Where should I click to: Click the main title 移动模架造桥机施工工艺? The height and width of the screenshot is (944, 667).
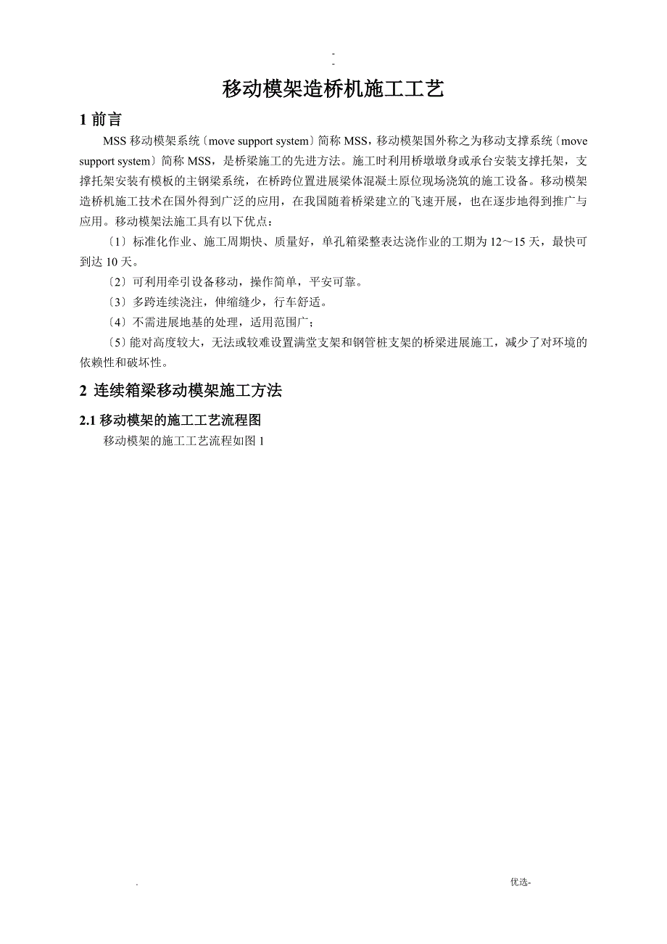(x=333, y=89)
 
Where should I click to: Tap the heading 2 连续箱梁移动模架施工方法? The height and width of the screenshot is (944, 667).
(x=181, y=391)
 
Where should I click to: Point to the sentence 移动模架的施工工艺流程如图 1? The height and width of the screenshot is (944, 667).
(x=183, y=440)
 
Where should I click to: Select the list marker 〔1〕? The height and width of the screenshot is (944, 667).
(x=116, y=242)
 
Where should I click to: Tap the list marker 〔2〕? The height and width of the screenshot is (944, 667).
(x=116, y=281)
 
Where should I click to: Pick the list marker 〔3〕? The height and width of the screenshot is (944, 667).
(x=116, y=302)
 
